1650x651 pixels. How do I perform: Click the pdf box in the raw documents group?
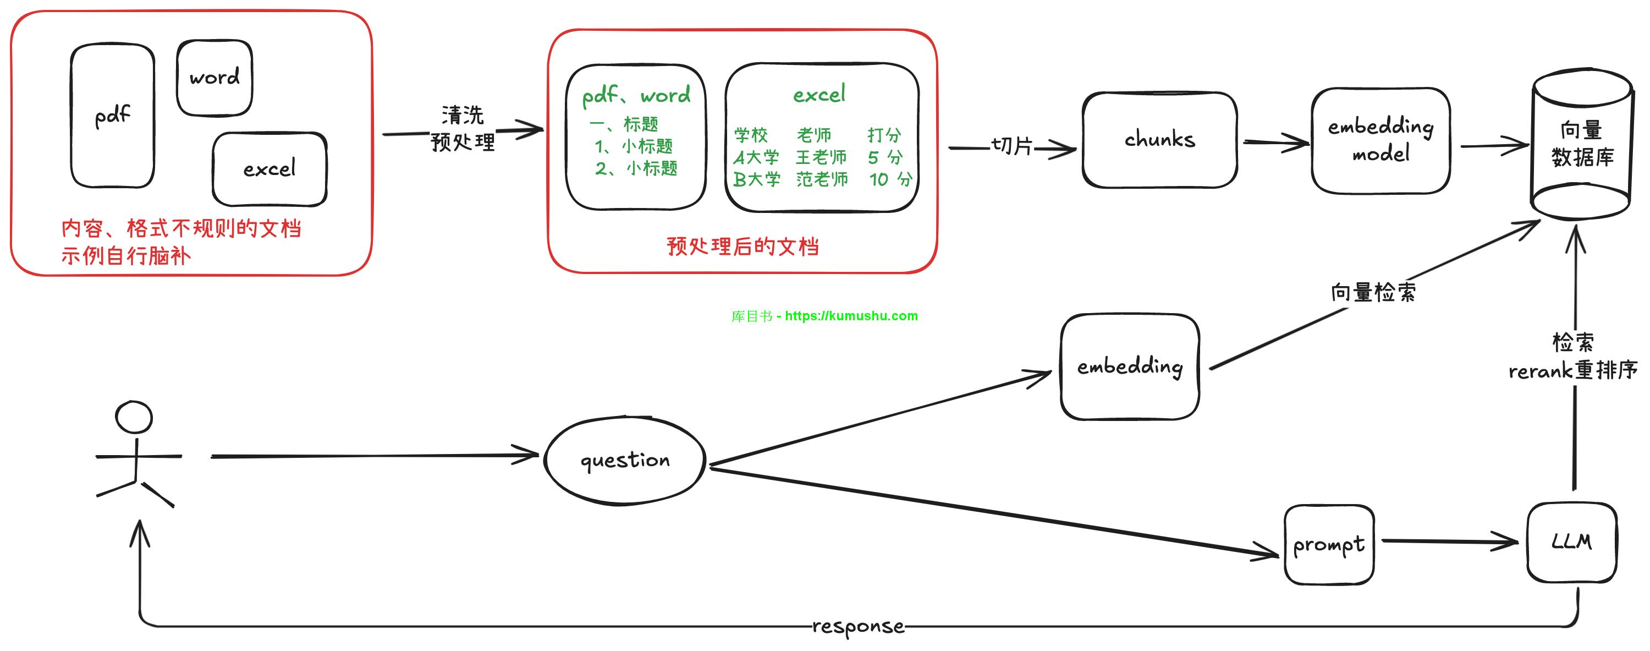(x=112, y=116)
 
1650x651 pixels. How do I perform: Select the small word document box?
(x=215, y=78)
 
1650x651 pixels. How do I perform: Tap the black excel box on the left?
(x=269, y=169)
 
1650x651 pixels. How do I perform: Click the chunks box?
(x=1159, y=140)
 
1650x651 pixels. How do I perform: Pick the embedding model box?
(x=1380, y=140)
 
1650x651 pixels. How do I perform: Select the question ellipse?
(x=624, y=461)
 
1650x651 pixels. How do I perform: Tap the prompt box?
(x=1328, y=545)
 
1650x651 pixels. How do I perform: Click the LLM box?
(x=1571, y=542)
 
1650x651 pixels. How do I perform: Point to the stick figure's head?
(x=134, y=417)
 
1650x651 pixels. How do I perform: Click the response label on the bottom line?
(x=859, y=626)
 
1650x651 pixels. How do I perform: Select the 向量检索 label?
(x=1373, y=292)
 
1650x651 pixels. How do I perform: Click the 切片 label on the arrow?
(x=1011, y=146)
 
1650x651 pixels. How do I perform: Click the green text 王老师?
(x=821, y=157)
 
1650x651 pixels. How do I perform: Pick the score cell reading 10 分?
(x=890, y=179)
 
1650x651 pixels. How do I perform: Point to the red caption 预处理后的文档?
(x=743, y=246)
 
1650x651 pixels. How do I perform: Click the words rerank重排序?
(x=1572, y=370)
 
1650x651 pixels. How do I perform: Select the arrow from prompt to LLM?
(x=1449, y=542)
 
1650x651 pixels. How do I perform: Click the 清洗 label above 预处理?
(x=463, y=116)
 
